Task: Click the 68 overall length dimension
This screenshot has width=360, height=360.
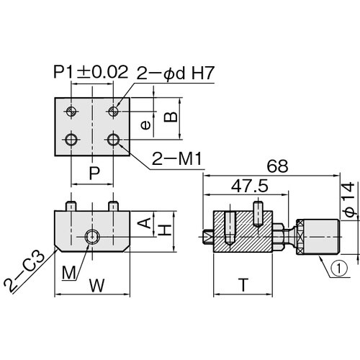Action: pos(276,166)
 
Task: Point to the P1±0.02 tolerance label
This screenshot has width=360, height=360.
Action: pos(91,72)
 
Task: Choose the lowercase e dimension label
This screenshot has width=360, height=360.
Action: pos(145,125)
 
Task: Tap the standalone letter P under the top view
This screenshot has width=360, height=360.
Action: pos(92,173)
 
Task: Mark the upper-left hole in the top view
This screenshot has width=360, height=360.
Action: pos(71,111)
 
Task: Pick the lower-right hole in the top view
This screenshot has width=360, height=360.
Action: pos(113,138)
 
